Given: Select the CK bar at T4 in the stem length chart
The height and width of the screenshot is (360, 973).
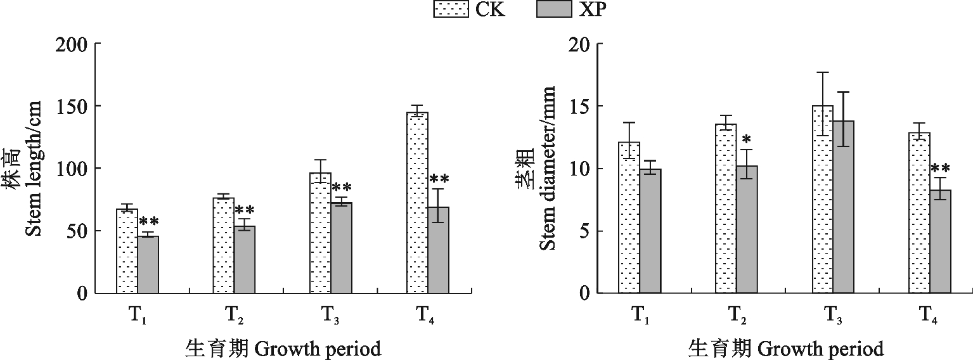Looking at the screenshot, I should pyautogui.click(x=417, y=203).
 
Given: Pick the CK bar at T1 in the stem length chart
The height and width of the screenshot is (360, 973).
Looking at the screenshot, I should pyautogui.click(x=127, y=251).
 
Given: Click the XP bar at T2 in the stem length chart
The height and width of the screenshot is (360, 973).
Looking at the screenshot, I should pyautogui.click(x=245, y=259).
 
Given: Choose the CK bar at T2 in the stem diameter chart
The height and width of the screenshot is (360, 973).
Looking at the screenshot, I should pyautogui.click(x=726, y=209).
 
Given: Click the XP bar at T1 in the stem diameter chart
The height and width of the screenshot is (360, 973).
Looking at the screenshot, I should pyautogui.click(x=650, y=231).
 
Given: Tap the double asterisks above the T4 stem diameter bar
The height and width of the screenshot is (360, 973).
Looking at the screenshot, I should pyautogui.click(x=940, y=169).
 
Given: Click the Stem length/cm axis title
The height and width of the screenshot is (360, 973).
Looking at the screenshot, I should pyautogui.click(x=33, y=169).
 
